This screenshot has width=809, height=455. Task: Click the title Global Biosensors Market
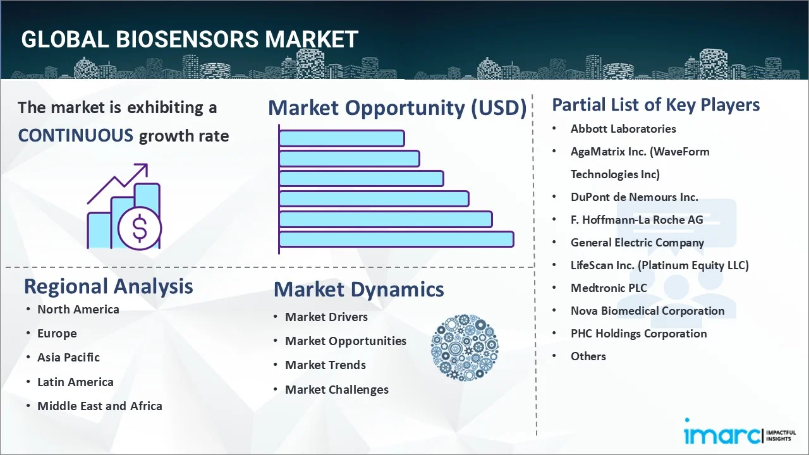click(190, 40)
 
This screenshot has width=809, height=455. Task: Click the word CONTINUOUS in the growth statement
click(75, 135)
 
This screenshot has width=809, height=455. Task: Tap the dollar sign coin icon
click(140, 229)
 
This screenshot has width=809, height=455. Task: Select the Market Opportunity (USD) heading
click(397, 108)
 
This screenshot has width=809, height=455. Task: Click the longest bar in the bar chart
click(396, 239)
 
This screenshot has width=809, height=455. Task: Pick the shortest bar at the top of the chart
click(341, 138)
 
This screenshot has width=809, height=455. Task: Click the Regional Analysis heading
click(108, 286)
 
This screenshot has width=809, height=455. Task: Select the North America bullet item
click(78, 309)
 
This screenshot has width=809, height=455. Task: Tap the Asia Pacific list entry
click(68, 357)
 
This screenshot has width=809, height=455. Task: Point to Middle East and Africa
click(99, 406)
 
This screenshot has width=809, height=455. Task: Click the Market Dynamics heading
click(358, 289)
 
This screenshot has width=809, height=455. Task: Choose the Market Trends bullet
click(325, 365)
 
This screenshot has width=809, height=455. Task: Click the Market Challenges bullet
click(336, 389)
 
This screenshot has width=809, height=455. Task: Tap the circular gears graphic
click(465, 348)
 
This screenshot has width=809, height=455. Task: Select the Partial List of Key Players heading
click(655, 104)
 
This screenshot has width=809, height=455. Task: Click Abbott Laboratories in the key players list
click(623, 128)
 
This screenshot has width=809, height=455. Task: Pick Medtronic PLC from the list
click(608, 288)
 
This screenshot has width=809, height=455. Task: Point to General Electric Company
click(636, 242)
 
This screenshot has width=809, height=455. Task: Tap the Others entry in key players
click(588, 356)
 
